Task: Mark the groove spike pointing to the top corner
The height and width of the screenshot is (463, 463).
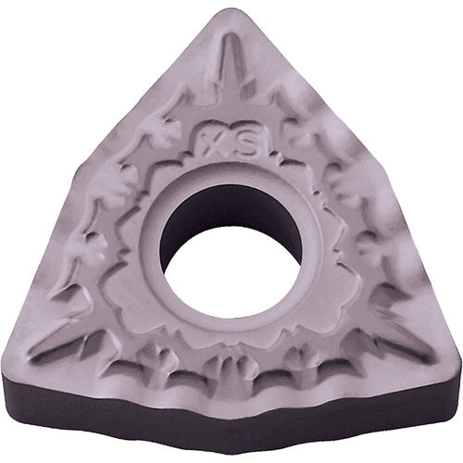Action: [x=229, y=69]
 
